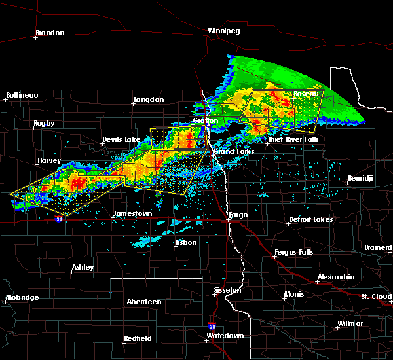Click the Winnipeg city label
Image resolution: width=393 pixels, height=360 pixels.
tap(225, 31)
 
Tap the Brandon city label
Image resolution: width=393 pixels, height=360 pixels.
tap(50, 33)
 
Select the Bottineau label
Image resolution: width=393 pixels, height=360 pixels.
tap(22, 96)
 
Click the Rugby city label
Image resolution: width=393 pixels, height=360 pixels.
tap(45, 123)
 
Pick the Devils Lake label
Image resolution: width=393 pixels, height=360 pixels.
tap(121, 140)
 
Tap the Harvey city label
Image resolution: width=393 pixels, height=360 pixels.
tap(49, 160)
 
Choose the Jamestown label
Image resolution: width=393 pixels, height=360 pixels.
tap(132, 214)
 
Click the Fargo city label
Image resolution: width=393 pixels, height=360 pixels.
tap(238, 215)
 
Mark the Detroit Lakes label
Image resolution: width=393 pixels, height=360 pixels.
tap(310, 219)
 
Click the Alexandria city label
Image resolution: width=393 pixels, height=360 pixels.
tap(335, 278)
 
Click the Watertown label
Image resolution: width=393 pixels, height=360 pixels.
tap(225, 336)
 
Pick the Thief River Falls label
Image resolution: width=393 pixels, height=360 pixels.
tap(293, 140)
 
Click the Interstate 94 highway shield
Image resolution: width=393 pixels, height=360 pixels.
tap(59, 219)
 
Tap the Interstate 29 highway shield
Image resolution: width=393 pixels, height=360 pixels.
tap(212, 325)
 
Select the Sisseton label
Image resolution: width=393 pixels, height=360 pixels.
tap(228, 290)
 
